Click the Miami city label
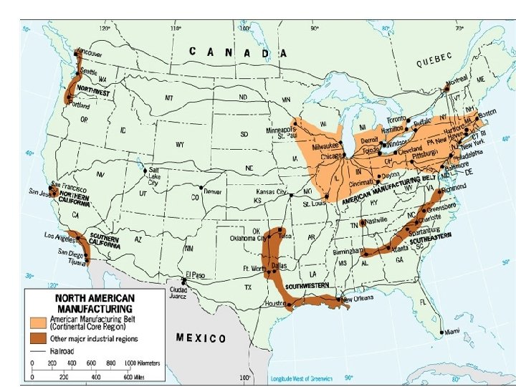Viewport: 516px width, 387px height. (x=450, y=332)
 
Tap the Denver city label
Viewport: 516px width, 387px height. (x=213, y=192)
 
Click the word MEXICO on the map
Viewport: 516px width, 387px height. (x=201, y=338)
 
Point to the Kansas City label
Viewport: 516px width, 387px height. (x=272, y=193)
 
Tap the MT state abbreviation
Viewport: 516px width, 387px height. (x=170, y=97)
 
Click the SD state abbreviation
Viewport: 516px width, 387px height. (x=244, y=133)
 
